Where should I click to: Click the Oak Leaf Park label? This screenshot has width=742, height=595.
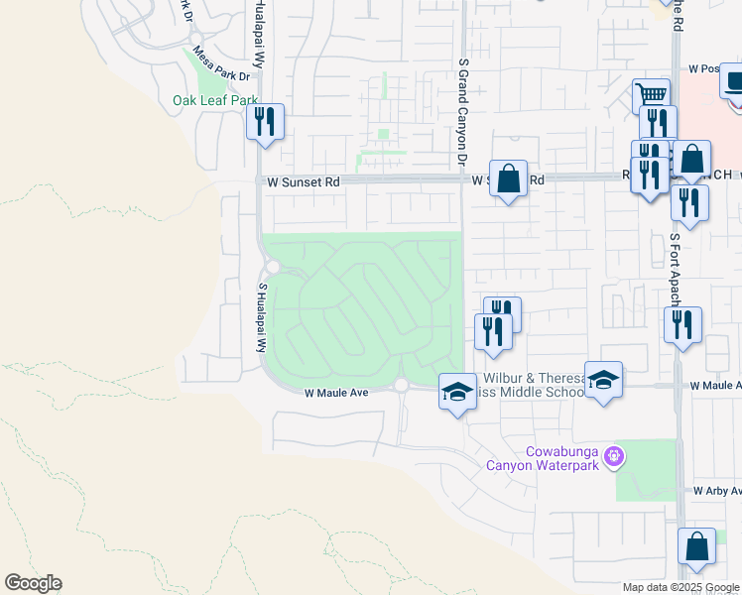(215, 100)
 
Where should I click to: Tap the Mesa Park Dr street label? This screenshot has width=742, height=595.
(221, 63)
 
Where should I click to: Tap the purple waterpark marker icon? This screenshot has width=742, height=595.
(615, 455)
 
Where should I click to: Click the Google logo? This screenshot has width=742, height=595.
(33, 583)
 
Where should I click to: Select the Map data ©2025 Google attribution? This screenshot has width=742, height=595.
(681, 587)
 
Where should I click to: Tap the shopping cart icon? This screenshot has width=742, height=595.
(651, 95)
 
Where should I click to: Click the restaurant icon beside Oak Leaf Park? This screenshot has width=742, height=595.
(265, 121)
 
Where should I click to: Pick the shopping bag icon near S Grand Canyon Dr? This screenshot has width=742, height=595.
(508, 178)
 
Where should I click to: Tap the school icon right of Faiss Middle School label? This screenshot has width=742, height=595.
(603, 379)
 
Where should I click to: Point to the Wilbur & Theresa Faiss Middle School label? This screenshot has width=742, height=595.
(534, 386)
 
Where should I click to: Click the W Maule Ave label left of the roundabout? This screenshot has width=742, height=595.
(336, 393)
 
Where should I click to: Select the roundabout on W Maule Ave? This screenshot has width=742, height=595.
(401, 385)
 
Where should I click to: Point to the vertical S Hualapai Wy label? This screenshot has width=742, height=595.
(263, 318)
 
